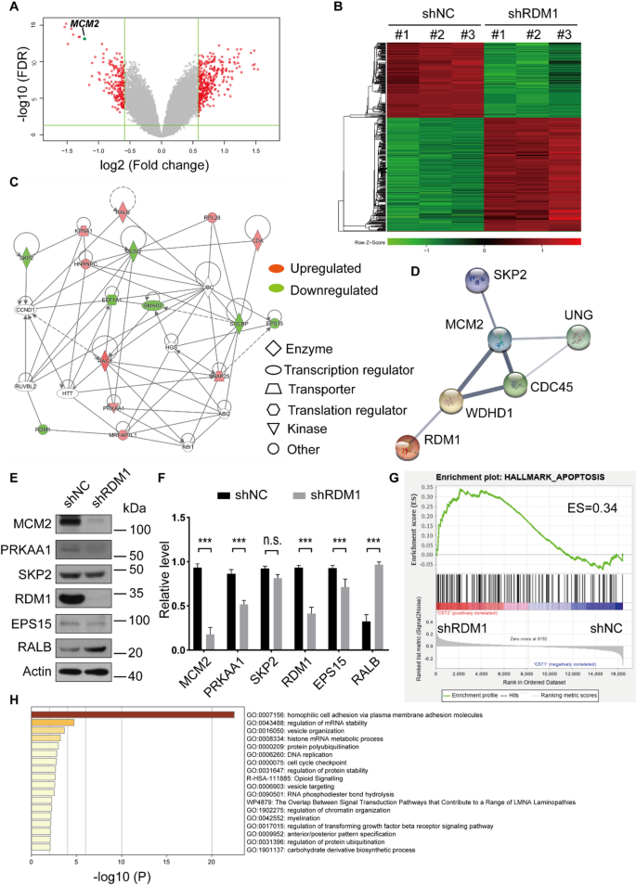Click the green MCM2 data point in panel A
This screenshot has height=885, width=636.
84,38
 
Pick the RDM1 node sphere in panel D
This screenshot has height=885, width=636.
401,449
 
